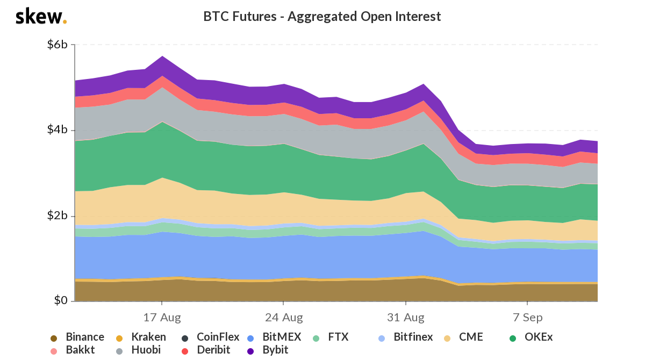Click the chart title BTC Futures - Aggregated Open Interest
coord(322,17)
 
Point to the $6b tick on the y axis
coord(57,45)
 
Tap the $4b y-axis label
coord(57,130)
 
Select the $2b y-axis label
coord(57,216)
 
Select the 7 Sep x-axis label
coord(527,316)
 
